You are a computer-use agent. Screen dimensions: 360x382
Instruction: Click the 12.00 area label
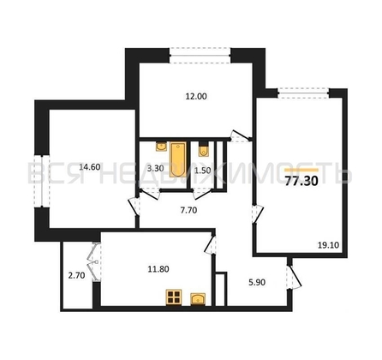tap(195, 96)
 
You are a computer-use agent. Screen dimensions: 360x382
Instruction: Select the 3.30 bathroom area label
tap(155, 168)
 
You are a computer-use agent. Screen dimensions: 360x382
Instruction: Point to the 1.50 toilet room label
tap(203, 170)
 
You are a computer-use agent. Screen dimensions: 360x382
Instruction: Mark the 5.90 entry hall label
tap(257, 280)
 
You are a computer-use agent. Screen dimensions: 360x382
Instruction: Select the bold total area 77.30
tap(301, 181)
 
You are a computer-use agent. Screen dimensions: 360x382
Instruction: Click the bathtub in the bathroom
tap(179, 160)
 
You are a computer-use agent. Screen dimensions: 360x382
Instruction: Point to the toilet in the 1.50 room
tap(202, 151)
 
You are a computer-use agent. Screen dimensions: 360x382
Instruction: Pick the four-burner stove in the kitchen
tap(174, 297)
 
